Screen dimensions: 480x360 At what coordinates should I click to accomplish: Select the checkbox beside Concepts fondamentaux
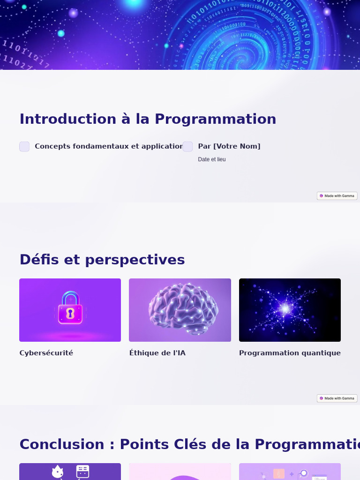pos(24,147)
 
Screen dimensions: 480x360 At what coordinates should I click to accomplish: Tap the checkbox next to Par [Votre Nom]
pos(187,147)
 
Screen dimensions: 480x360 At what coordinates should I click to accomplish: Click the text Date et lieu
pos(212,159)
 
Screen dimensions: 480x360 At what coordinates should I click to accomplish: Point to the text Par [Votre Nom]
pos(229,146)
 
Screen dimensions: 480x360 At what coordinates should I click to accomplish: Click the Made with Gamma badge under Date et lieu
pos(337,196)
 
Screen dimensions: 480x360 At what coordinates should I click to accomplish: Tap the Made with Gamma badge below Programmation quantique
pos(337,398)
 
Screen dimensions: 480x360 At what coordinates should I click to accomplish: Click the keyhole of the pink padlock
pos(70,313)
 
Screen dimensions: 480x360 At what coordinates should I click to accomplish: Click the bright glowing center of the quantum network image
pos(285,309)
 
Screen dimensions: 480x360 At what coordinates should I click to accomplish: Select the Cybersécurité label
pos(46,353)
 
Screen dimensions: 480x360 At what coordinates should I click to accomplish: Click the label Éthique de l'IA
pos(157,353)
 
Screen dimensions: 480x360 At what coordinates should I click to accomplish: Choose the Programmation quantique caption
pos(290,353)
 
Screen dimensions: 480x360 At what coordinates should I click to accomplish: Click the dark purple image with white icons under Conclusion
pos(70,471)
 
